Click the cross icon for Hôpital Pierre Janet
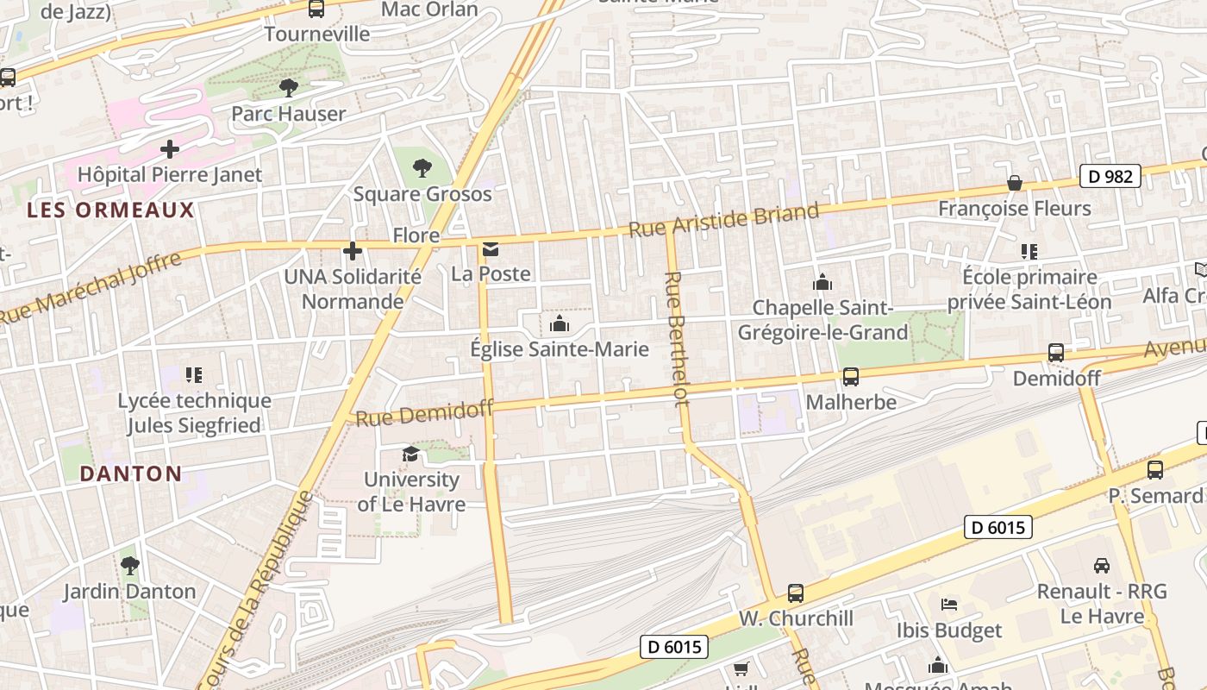170,149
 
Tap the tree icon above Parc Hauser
289,87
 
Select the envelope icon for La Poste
491,249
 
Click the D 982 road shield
1110,176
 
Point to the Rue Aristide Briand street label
723,221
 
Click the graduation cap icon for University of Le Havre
410,454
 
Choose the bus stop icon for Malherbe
851,376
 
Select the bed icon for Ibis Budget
949,604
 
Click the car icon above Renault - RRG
1102,566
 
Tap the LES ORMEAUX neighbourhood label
111,210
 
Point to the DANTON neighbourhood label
131,474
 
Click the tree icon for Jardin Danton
130,566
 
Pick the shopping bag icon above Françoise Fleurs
1015,183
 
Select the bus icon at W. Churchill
796,593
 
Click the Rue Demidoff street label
424,414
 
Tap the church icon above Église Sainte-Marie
560,324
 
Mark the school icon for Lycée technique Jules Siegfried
194,374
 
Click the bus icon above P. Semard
1155,470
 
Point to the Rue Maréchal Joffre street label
91,287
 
